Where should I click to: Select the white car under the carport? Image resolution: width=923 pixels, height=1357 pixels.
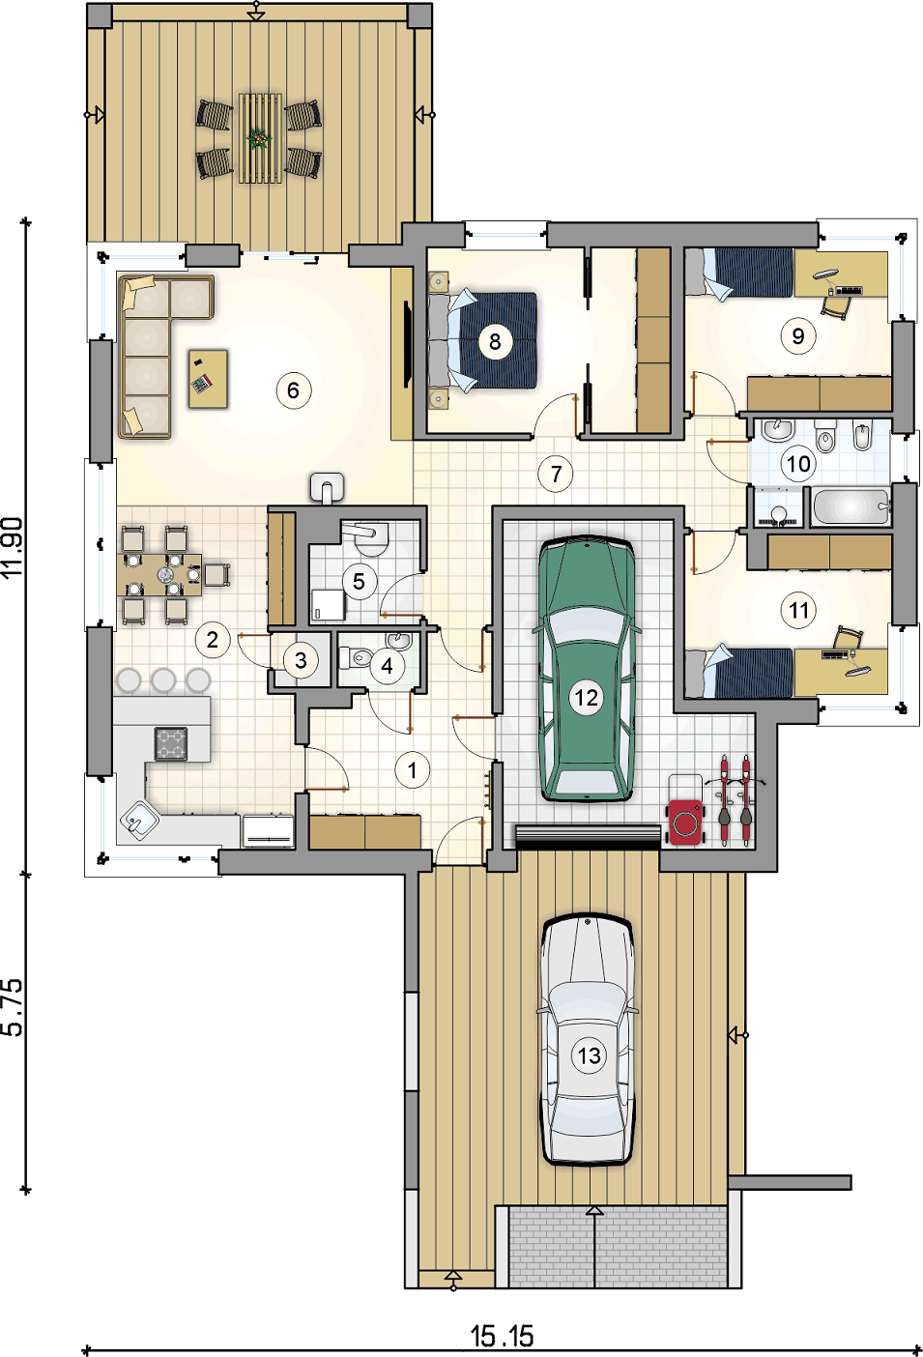[x=587, y=1039]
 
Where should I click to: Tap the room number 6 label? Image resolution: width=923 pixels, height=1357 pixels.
[x=294, y=390]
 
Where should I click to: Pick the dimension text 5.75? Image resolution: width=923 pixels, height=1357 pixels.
[x=14, y=1006]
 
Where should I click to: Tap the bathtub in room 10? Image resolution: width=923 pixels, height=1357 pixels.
[x=851, y=506]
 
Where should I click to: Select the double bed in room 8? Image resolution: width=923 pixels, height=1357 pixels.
[x=482, y=340]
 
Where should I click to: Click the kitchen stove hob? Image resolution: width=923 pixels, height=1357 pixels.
[x=171, y=744]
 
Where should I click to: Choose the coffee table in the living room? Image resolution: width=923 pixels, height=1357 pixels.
[x=209, y=379]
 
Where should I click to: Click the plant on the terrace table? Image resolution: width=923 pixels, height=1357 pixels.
[x=259, y=139]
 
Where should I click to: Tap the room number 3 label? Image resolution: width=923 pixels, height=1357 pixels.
[x=301, y=660]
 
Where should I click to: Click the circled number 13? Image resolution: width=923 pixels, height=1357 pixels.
[x=590, y=1055]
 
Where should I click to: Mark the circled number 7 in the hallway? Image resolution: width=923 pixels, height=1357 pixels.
[x=556, y=474]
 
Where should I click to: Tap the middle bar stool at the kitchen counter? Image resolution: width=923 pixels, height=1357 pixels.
[x=163, y=679]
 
